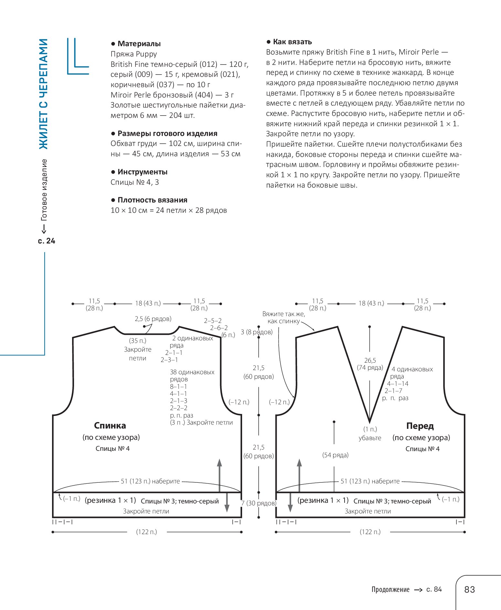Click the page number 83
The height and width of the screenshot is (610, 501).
(x=469, y=590)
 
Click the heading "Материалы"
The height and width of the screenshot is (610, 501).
(x=139, y=44)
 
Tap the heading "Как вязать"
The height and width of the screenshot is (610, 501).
(x=292, y=42)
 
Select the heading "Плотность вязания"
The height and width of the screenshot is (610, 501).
(x=152, y=200)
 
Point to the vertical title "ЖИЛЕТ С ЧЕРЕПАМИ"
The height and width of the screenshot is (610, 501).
(x=43, y=94)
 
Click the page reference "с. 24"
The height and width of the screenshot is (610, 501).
(x=47, y=241)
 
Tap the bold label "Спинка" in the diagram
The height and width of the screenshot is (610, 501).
(x=110, y=425)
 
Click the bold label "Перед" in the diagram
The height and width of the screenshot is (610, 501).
(x=420, y=426)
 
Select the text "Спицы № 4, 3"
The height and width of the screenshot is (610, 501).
(x=135, y=182)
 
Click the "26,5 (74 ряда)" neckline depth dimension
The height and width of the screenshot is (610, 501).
(x=370, y=364)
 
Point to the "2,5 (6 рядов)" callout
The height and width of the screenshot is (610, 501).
(x=153, y=319)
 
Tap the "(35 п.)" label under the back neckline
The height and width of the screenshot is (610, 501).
(x=138, y=341)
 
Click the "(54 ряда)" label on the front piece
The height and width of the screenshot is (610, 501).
(x=336, y=455)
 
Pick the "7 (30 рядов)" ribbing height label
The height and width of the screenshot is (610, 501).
(x=259, y=503)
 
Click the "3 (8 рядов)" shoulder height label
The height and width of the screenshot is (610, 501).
(x=257, y=332)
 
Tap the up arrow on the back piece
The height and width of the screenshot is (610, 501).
(x=219, y=475)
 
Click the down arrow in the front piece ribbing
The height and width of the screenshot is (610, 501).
(x=290, y=502)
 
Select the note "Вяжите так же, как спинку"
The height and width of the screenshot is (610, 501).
(x=283, y=317)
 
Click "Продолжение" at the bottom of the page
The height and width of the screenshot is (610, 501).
(x=390, y=590)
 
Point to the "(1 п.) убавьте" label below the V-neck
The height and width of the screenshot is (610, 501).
(x=370, y=434)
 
